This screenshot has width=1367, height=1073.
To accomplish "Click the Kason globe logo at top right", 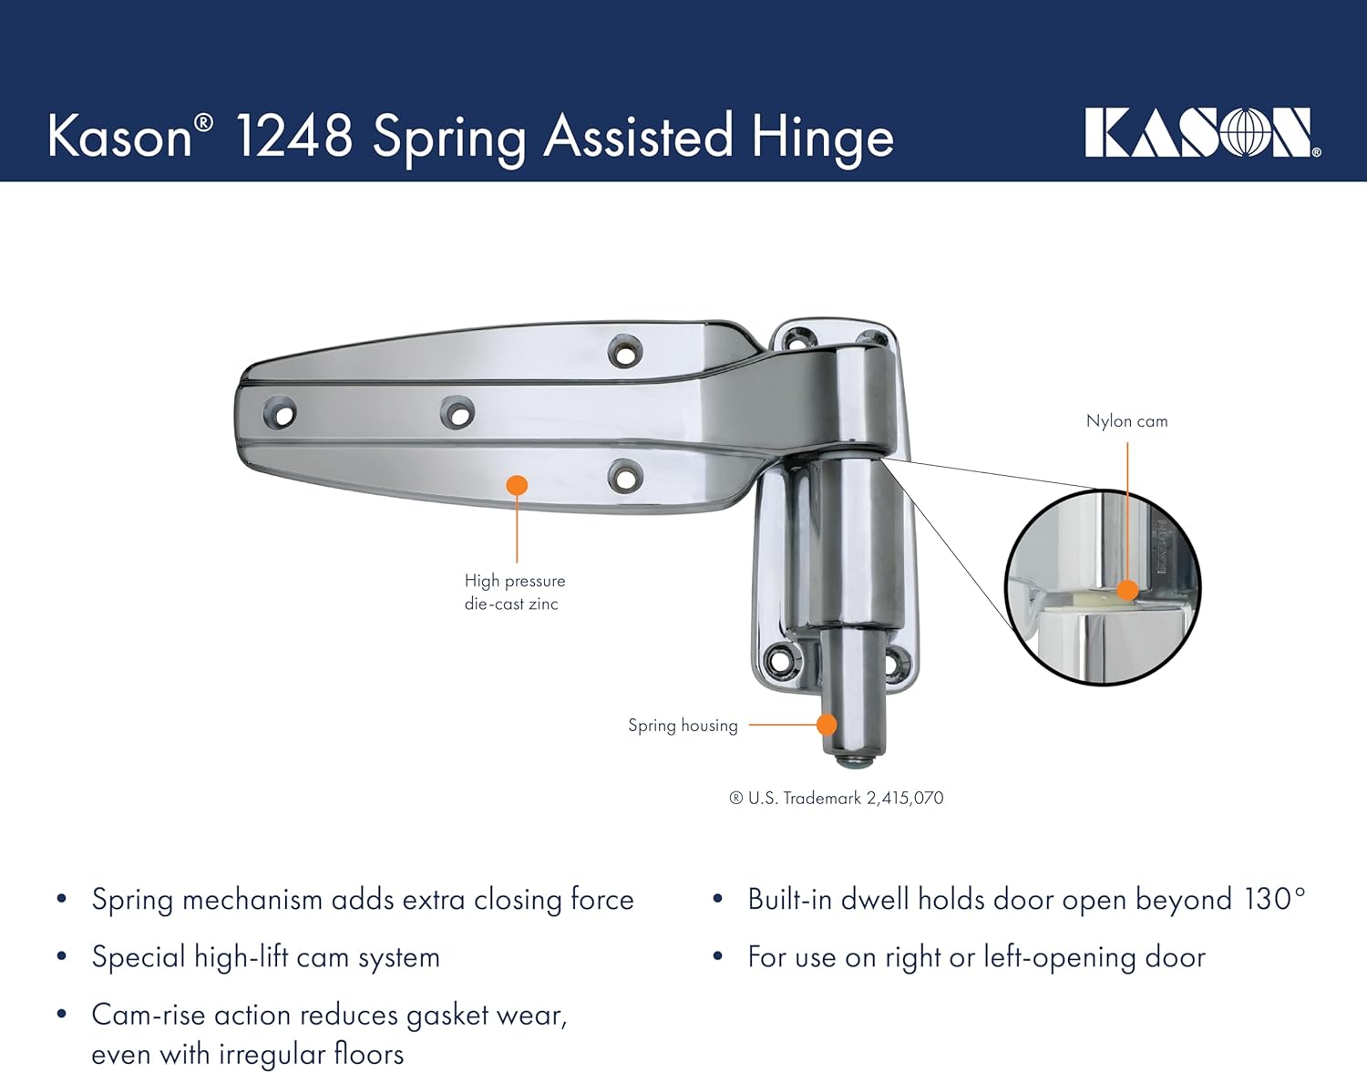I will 1200,133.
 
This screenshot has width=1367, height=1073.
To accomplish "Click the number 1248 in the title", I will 293,137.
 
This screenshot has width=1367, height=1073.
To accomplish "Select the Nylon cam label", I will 1126,421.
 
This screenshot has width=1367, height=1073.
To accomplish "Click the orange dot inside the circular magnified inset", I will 1127,590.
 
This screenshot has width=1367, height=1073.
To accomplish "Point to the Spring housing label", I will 683,726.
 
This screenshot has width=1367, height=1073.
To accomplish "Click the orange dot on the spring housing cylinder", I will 827,725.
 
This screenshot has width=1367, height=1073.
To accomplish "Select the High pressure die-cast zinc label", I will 514,592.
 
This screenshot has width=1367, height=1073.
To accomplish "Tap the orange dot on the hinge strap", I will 517,485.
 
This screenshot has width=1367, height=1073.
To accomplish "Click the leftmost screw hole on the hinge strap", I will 280,414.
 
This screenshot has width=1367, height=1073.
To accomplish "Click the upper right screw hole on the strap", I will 625,351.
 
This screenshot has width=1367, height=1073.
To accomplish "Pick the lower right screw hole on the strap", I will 625,476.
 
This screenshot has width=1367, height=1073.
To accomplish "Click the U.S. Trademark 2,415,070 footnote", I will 837,799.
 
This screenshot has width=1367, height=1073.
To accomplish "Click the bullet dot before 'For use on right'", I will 718,957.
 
